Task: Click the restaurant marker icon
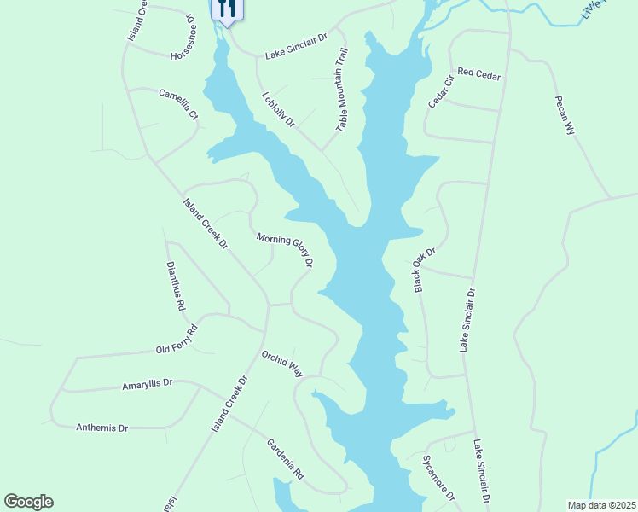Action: point(227,9)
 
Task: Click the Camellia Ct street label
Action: point(178,102)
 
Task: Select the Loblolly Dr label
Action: point(278,109)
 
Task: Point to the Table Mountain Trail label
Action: point(342,89)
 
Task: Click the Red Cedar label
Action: point(478,74)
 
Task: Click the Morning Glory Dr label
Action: point(285,251)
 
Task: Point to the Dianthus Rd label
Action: point(176,285)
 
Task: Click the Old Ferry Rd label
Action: point(177,340)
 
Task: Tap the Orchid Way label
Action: point(282,364)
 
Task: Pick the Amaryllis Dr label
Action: point(148,384)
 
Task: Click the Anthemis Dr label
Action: point(101,428)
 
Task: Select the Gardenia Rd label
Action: point(285,457)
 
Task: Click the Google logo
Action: point(28,502)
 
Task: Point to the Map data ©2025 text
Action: point(601,505)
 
